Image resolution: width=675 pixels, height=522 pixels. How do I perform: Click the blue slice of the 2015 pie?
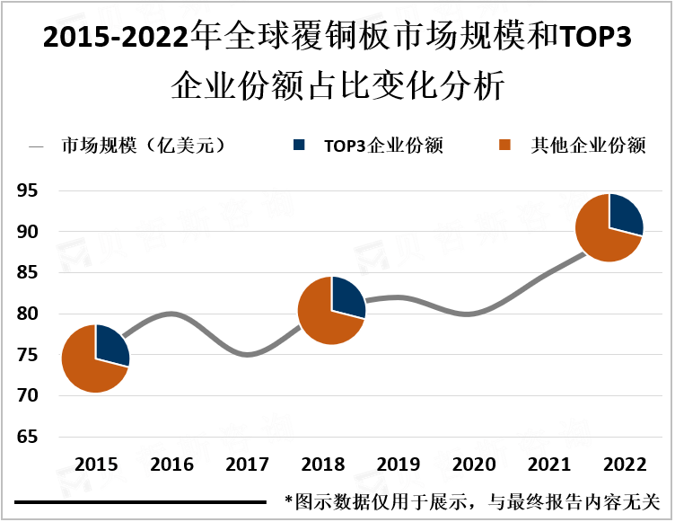[x=111, y=344]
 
